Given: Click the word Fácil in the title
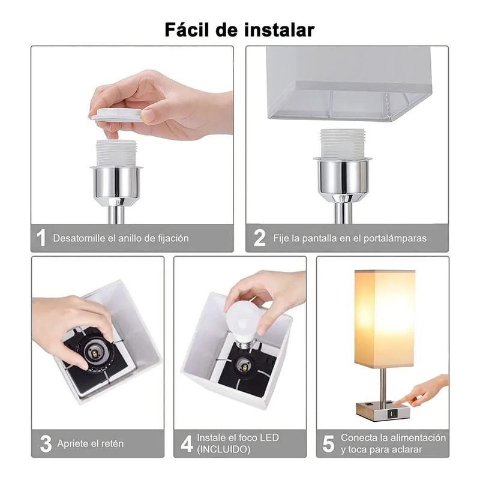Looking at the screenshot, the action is (x=187, y=29).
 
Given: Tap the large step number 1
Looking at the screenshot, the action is (x=41, y=238).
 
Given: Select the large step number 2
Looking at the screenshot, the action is (x=260, y=238).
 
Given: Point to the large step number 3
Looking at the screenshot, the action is (x=46, y=444).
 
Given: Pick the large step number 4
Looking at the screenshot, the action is (x=187, y=444).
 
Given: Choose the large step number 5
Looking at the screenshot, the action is (x=328, y=444).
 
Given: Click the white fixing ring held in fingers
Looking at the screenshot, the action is (x=117, y=115).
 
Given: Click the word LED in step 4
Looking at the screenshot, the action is (x=269, y=438).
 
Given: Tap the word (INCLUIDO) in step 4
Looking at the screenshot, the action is (x=223, y=449).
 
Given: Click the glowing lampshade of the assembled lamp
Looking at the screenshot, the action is (x=385, y=319).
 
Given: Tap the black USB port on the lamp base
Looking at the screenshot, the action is (x=392, y=414).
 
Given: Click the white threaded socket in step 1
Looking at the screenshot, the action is (x=116, y=154).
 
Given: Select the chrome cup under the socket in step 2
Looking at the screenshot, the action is (x=343, y=178).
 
